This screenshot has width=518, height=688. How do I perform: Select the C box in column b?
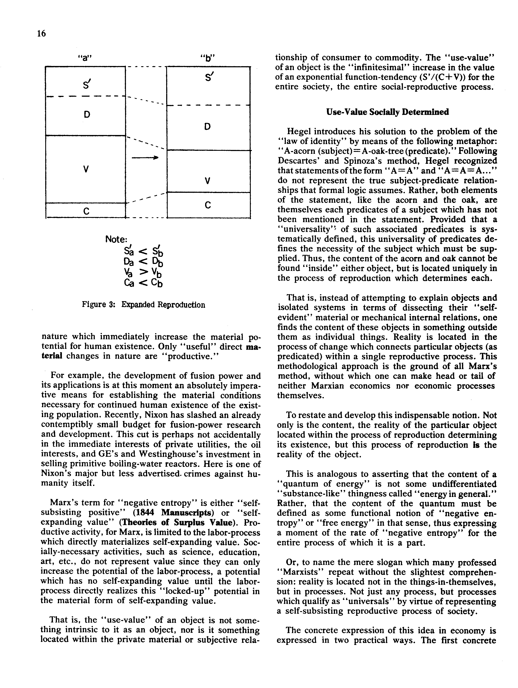[x=208, y=205]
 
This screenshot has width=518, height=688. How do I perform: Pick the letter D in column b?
[x=208, y=126]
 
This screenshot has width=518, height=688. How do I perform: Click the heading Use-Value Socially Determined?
[x=387, y=112]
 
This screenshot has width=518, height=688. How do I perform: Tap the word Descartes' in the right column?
[x=298, y=161]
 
